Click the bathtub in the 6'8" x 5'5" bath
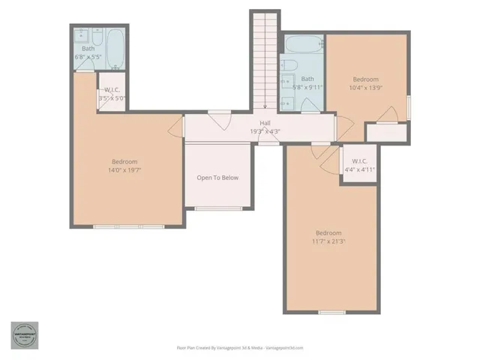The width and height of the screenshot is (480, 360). coord(116,49)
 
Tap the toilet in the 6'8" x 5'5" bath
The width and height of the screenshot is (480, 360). coord(98,35)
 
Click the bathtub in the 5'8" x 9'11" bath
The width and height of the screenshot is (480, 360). coord(303,44)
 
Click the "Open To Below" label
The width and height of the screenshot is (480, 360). coord(217,178)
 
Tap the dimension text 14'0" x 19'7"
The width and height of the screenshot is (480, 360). coord(126,170)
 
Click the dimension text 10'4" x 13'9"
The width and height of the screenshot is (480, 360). coord(365,88)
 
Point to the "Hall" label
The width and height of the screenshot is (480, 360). coord(265,124)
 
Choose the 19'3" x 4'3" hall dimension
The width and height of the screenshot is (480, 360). coord(265,132)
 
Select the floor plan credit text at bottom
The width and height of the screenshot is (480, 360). coord(239,347)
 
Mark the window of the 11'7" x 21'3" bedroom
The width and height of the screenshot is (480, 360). coord(331,312)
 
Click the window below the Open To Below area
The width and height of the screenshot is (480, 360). coord(217,208)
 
